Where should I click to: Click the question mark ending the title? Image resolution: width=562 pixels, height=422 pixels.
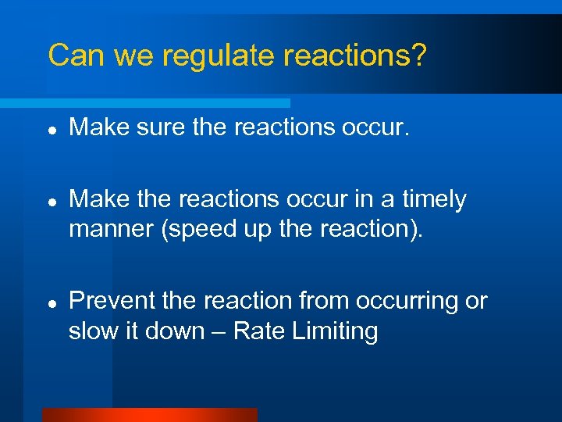(418, 55)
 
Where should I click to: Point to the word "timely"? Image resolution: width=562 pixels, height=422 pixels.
(433, 200)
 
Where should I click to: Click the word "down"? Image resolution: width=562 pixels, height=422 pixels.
(175, 331)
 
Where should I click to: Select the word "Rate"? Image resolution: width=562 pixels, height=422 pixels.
(259, 331)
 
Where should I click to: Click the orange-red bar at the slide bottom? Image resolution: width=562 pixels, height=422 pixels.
(149, 414)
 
